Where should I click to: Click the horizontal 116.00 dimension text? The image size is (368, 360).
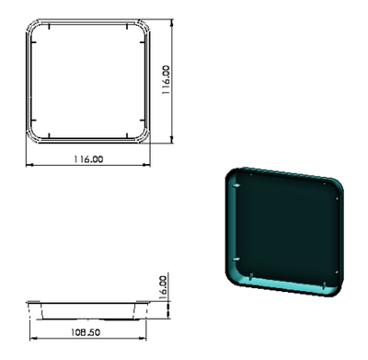(x=88, y=159)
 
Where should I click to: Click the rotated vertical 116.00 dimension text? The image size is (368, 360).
(x=166, y=79)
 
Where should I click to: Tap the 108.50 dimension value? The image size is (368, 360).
(x=86, y=332)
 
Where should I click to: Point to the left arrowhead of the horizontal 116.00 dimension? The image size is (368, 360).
(x=29, y=165)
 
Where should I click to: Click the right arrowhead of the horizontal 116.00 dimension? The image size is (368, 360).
(x=146, y=165)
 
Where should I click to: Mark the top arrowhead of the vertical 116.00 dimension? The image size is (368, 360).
(x=172, y=23)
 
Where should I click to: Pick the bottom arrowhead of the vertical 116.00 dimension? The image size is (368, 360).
(x=172, y=139)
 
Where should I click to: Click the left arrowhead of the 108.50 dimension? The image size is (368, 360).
(x=33, y=338)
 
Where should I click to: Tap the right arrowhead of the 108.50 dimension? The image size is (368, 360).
(x=143, y=338)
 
